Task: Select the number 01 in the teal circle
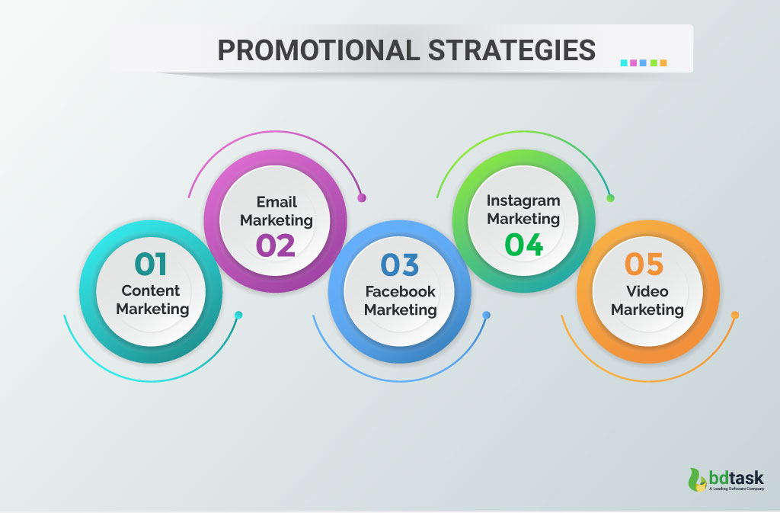[150, 264]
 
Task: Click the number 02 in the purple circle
[275, 245]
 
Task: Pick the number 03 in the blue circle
[400, 265]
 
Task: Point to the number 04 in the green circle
[524, 245]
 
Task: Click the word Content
[151, 290]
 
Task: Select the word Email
[277, 202]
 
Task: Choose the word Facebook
[400, 291]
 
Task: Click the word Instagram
[523, 201]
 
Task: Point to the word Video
[647, 291]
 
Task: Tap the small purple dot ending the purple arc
[362, 198]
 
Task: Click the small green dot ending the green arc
[610, 198]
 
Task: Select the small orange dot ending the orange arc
[735, 315]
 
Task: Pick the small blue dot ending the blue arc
[487, 315]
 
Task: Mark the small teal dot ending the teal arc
[238, 315]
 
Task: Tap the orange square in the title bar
[663, 63]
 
